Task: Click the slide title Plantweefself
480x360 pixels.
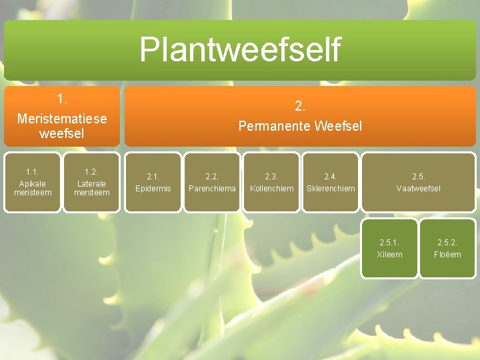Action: tap(240, 49)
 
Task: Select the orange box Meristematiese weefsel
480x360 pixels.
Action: tap(62, 116)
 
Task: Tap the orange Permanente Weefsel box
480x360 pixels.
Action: tap(300, 116)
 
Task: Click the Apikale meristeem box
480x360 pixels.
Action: tap(33, 183)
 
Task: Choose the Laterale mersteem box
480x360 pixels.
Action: tap(91, 183)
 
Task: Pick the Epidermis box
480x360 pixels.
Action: tap(153, 183)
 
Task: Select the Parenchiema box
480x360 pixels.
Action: tap(212, 183)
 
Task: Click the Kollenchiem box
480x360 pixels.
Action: tap(271, 183)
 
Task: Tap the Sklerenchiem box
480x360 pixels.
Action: tap(331, 183)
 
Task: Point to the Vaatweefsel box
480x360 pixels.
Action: tap(419, 183)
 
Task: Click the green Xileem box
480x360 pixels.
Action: tap(389, 248)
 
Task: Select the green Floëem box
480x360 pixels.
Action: tap(447, 248)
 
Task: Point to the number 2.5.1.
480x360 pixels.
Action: tap(390, 242)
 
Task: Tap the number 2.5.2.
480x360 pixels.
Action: tap(447, 242)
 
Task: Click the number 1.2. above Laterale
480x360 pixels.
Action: tap(91, 172)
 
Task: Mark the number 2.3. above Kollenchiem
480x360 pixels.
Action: tap(271, 177)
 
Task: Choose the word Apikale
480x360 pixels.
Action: tap(33, 183)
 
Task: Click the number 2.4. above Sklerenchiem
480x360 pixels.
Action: tap(331, 177)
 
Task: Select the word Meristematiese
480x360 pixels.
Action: tap(62, 119)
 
